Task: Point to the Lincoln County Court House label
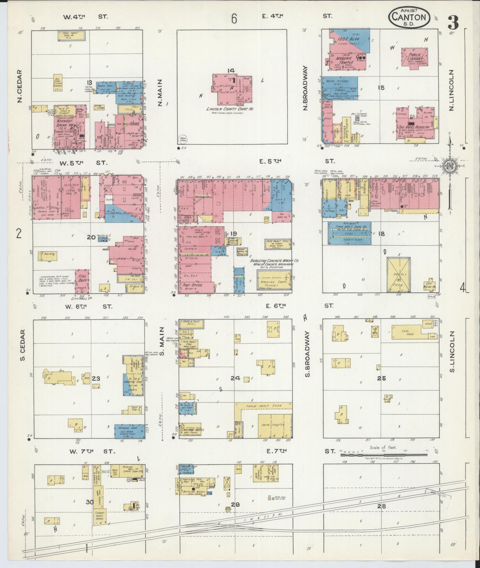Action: point(230,109)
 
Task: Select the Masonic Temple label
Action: point(345,60)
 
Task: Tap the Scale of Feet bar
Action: point(383,463)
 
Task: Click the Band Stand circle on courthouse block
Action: point(181,139)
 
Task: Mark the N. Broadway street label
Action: point(305,88)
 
